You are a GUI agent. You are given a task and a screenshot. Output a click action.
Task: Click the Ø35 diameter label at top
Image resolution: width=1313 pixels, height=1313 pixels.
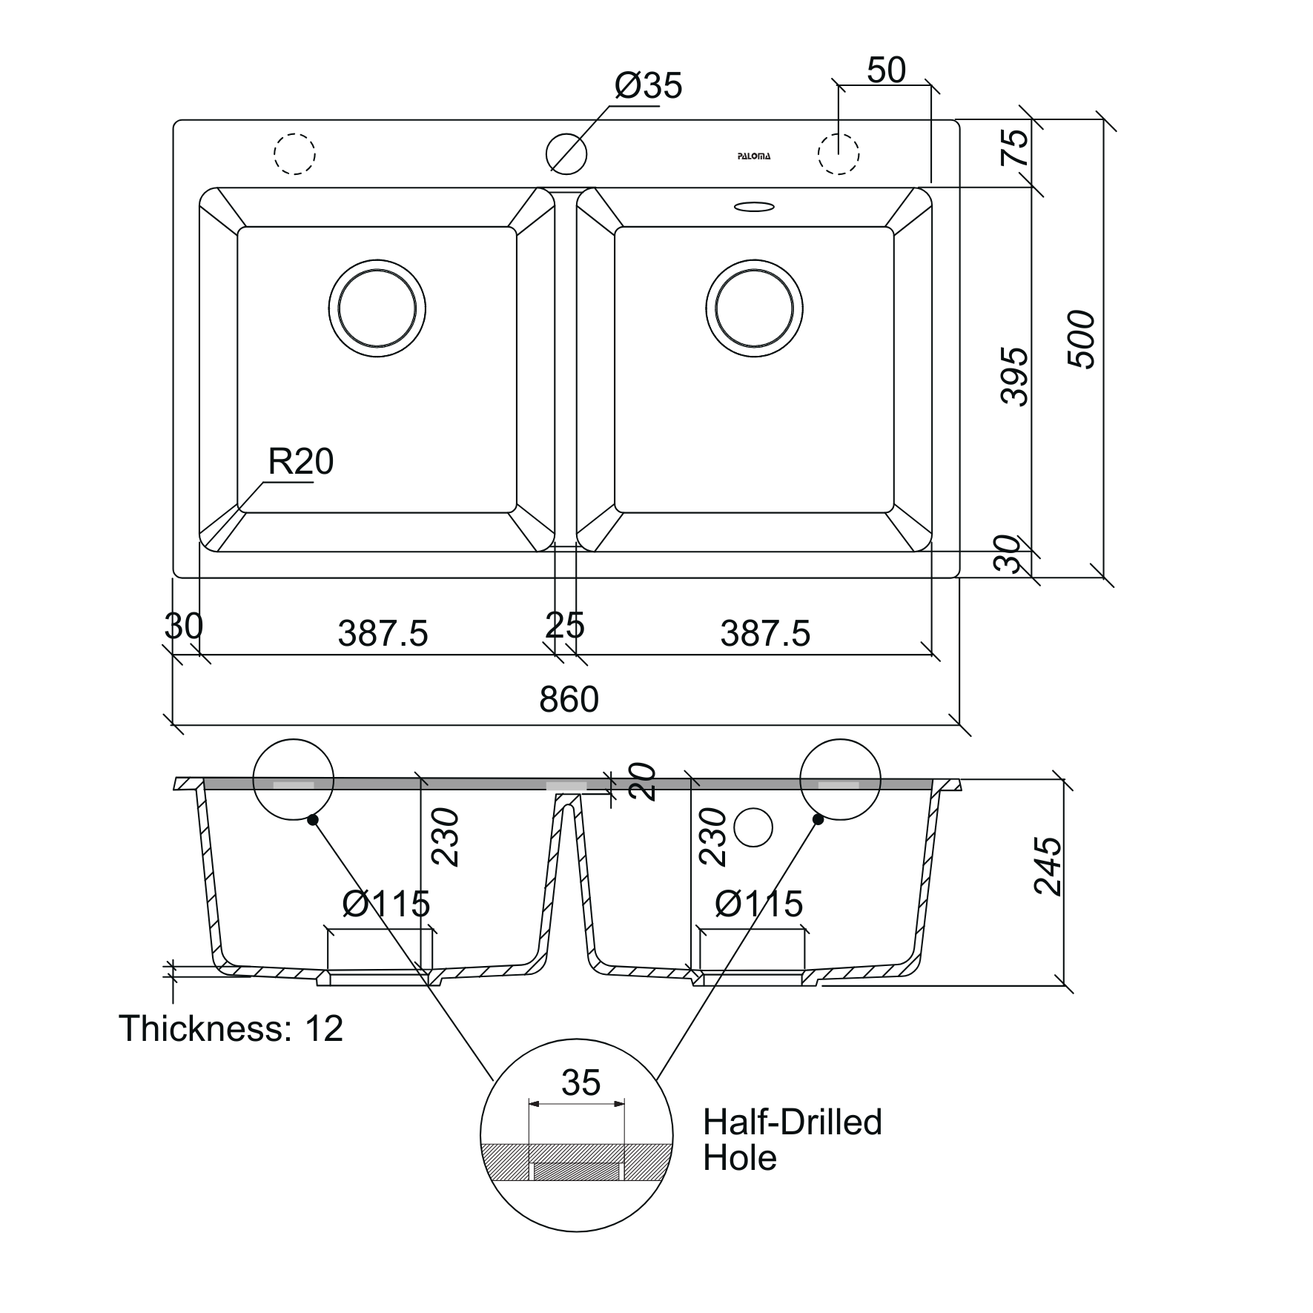coord(647,87)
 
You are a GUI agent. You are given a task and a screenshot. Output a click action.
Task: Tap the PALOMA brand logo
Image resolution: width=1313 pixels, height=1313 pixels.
coord(753,156)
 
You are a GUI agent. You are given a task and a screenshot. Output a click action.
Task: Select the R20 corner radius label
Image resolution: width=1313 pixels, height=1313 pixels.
coord(300,462)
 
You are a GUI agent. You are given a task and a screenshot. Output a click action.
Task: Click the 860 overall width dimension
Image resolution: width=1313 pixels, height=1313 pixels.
coord(569,699)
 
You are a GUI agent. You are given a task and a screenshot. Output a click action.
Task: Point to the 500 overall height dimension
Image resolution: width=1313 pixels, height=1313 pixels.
coord(1081,340)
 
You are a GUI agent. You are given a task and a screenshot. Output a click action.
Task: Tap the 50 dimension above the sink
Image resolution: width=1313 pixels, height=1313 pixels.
coord(886,70)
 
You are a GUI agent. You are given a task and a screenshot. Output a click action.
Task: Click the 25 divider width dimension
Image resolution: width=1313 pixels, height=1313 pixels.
coord(565,626)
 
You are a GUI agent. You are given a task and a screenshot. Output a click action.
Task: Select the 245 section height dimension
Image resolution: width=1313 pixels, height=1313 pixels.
coord(1048,867)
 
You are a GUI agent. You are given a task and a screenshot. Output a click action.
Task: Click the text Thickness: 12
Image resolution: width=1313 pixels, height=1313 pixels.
coord(231,1028)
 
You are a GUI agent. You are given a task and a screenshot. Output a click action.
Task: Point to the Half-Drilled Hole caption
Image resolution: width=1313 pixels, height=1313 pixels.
coord(792,1140)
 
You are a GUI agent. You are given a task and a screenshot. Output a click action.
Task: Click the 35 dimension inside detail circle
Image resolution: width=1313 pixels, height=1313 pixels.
coord(581,1083)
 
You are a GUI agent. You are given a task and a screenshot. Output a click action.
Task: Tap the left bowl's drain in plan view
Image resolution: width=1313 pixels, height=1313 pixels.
coord(377,308)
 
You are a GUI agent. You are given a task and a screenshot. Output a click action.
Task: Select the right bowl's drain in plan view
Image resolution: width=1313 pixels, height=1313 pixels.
coord(755,308)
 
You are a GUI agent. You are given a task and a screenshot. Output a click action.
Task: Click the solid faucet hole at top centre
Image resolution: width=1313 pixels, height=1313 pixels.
coord(566,153)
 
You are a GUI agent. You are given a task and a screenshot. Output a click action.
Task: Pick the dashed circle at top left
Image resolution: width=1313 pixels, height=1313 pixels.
coord(294,153)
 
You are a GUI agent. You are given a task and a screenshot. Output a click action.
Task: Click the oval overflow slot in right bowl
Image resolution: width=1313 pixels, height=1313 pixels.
coord(755,207)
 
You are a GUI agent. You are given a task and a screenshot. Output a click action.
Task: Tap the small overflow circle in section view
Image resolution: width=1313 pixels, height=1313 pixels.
coord(753,827)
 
